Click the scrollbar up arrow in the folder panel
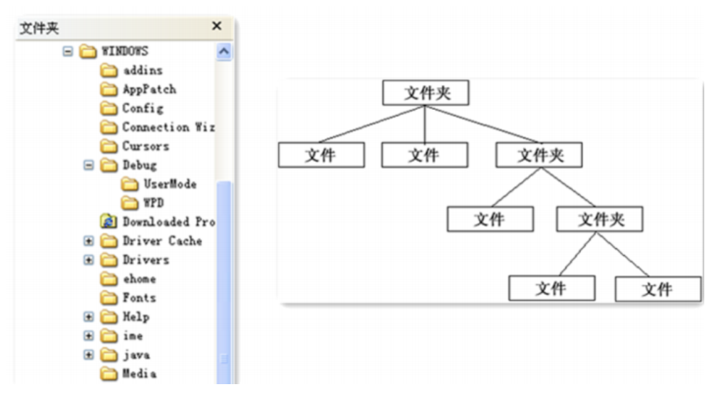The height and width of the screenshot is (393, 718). point(222,50)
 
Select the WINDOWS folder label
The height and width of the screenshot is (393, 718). point(125,50)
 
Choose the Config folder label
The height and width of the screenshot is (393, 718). point(142,108)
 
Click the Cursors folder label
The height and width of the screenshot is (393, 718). point(145,146)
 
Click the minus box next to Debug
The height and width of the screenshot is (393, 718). point(88,165)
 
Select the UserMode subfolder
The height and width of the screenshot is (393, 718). point(169,183)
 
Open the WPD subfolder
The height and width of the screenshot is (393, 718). point(154,203)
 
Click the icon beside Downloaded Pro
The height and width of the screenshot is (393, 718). point(109,221)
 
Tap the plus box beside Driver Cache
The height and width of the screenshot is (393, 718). point(88,241)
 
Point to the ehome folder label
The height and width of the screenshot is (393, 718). point(138,278)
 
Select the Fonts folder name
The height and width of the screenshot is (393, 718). point(138,298)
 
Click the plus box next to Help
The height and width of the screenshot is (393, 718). point(88,317)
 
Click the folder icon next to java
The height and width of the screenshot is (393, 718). point(109,354)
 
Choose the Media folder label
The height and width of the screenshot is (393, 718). point(138,373)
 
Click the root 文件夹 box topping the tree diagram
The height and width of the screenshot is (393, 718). point(424,93)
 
